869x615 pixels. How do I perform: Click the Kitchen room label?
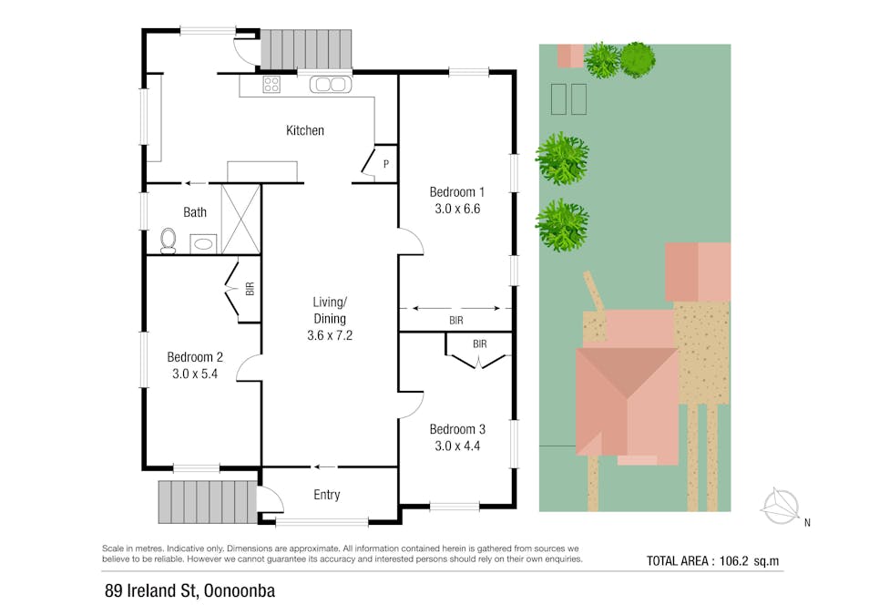tap(304, 130)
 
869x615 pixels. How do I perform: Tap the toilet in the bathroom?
tap(168, 240)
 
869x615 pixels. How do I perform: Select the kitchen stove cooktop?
tap(271, 86)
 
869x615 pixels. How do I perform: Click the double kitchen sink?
tap(329, 86)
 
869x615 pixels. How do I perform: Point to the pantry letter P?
tap(386, 164)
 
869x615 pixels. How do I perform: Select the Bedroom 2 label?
tap(195, 357)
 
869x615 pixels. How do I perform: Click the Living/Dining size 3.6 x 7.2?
tap(330, 334)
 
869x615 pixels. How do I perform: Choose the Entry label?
tap(326, 495)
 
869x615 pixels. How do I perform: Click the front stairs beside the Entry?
tap(207, 501)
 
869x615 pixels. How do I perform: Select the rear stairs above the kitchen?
tap(306, 49)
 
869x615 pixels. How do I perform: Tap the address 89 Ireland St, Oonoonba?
tap(189, 591)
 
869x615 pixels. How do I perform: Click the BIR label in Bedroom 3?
tap(479, 343)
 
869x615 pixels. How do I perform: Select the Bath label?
tap(195, 212)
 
